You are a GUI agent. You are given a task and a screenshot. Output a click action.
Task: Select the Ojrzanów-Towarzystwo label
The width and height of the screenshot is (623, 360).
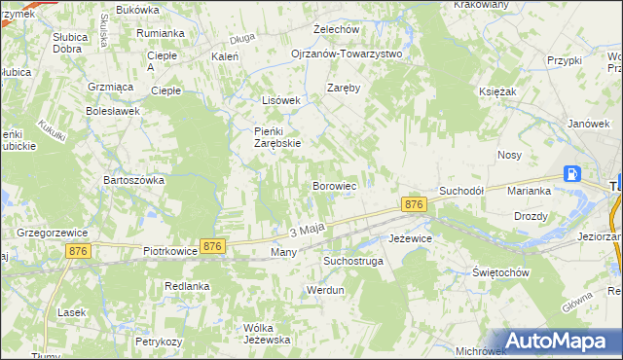click(x=347, y=54)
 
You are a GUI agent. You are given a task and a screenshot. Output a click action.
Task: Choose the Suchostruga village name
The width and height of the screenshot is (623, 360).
click(x=353, y=262)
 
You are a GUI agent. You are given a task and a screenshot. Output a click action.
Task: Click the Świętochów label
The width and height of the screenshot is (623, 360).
click(x=500, y=272)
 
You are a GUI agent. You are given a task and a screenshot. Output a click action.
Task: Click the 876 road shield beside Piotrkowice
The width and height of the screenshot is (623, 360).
click(x=213, y=247)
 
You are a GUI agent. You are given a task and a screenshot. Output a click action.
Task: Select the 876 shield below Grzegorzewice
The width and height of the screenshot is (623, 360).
click(x=81, y=251)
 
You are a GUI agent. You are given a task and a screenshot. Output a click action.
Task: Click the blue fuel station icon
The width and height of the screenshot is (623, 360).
click(x=572, y=175)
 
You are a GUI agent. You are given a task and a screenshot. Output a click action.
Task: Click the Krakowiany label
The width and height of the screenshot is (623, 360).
click(x=480, y=5)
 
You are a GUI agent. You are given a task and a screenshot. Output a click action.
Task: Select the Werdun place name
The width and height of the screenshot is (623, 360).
click(x=326, y=290)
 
